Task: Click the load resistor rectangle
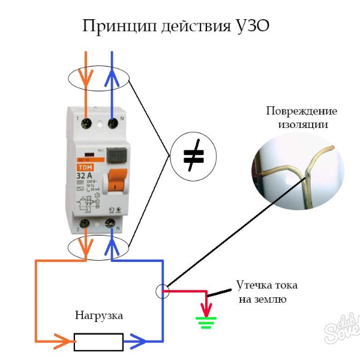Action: tap(98, 342)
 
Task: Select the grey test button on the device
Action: tap(118, 154)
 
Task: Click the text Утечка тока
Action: tap(266, 285)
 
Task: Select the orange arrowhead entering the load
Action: tap(62, 342)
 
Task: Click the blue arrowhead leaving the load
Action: tap(138, 342)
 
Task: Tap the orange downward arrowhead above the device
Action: tap(86, 79)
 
